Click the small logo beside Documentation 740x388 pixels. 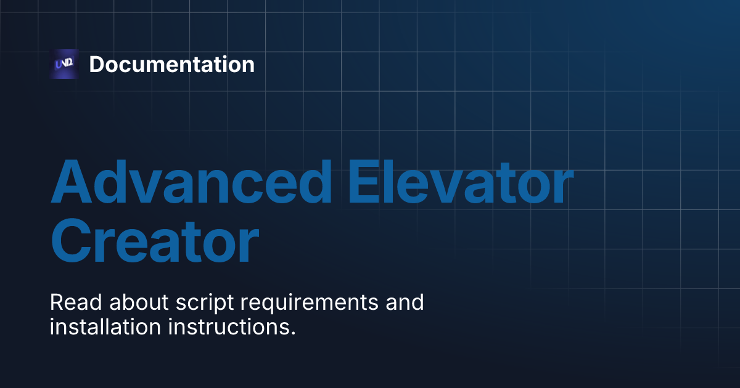64,64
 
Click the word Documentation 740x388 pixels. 171,64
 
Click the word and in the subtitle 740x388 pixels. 405,303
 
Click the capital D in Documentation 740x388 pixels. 97,65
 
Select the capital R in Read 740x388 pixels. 57,303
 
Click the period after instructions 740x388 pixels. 292,333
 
